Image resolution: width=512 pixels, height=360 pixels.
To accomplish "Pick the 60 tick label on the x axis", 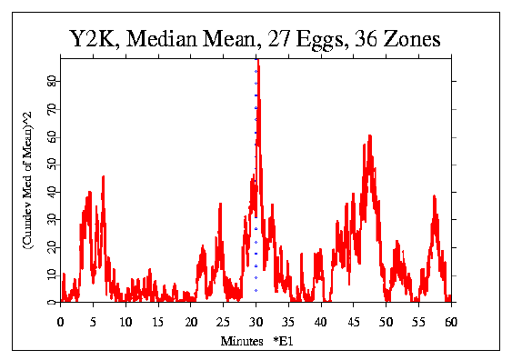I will tap(452, 321).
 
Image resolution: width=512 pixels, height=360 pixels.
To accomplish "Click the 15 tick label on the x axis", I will tap(158, 321).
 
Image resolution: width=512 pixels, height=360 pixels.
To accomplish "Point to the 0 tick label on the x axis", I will tap(61, 321).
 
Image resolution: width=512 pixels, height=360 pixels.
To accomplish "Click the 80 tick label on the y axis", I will tap(51, 81).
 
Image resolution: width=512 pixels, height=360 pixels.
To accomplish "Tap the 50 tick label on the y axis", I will tap(51, 164).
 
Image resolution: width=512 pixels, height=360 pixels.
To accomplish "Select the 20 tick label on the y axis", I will tap(51, 247).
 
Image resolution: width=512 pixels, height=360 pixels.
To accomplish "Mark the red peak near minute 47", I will tap(369, 136).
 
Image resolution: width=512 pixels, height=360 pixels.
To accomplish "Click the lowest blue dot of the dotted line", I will tap(256, 290).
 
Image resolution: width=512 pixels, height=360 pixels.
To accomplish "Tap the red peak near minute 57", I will tap(435, 196).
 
